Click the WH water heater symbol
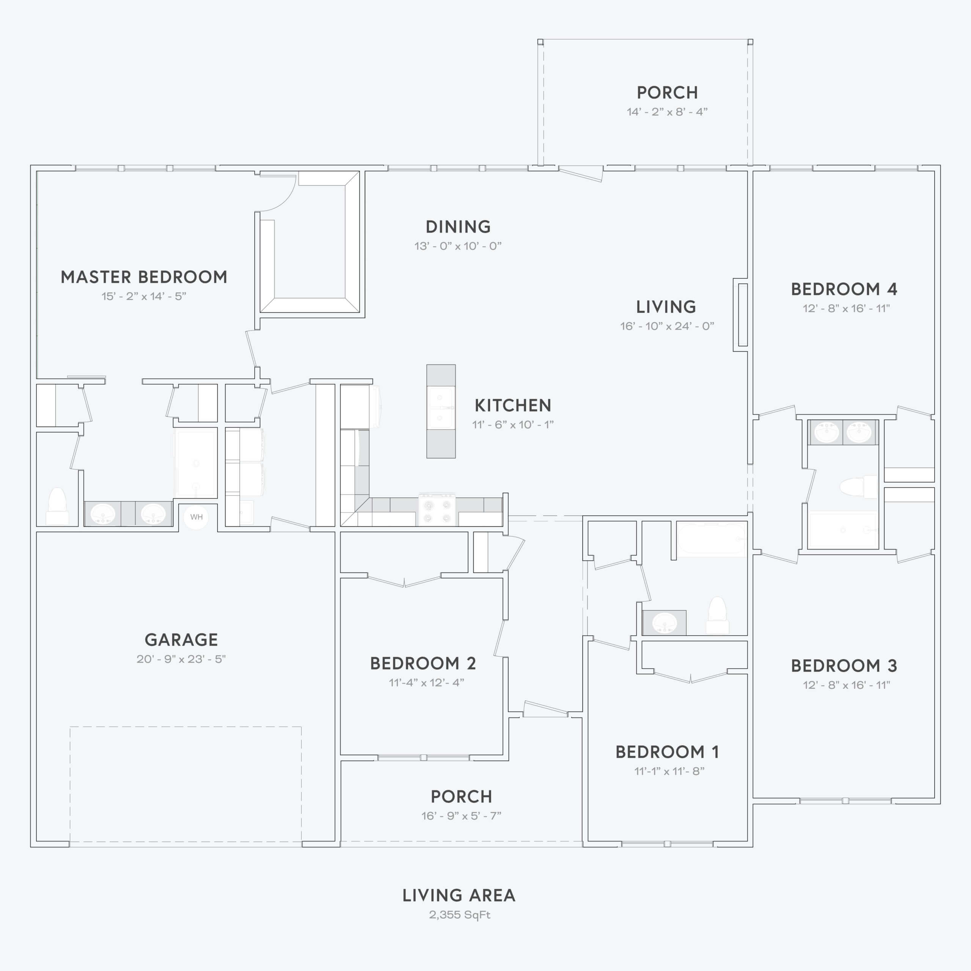196,517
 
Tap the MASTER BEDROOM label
144,277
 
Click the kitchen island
441,411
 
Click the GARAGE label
181,640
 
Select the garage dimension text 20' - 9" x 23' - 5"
181,659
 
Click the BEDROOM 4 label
844,289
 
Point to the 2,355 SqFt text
459,915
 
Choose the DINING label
458,227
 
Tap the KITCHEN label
513,405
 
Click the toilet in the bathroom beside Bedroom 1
717,616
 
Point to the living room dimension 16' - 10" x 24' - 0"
667,326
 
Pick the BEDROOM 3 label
844,665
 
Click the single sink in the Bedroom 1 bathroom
665,623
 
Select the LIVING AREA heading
459,896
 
